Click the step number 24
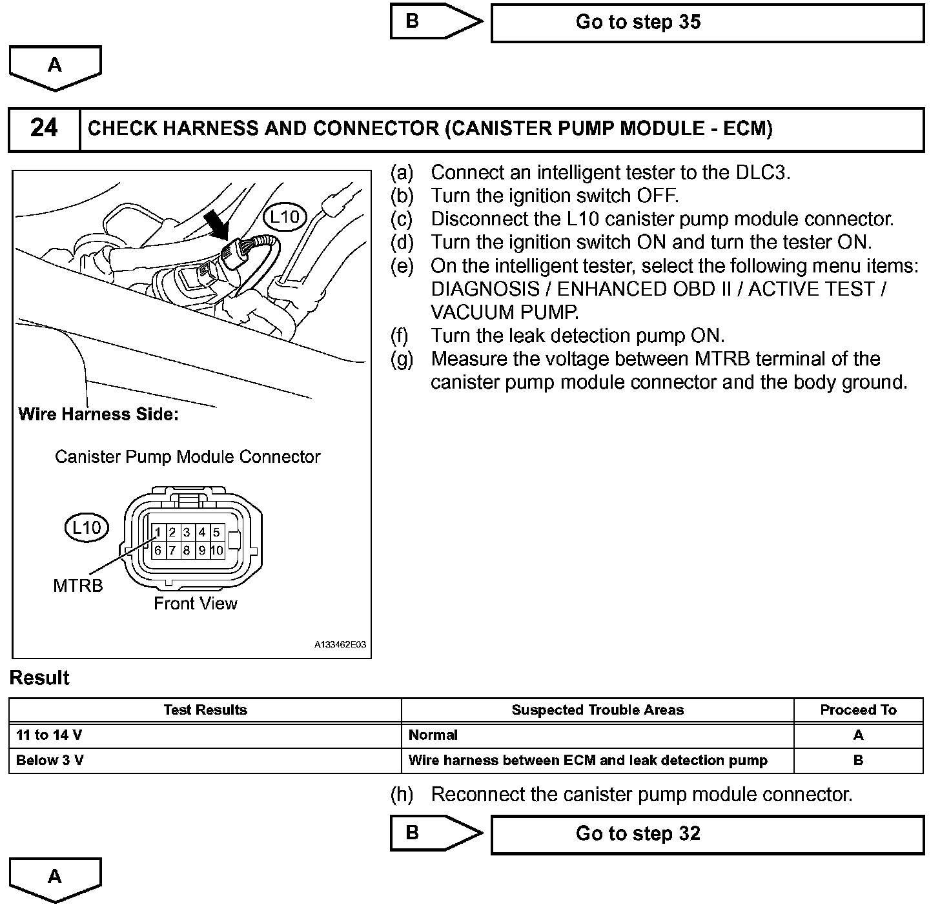pyautogui.click(x=44, y=128)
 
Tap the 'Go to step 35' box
pyautogui.click(x=707, y=23)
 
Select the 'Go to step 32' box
pyautogui.click(x=707, y=834)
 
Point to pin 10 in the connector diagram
pyautogui.click(x=216, y=551)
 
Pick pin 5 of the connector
pyautogui.click(x=216, y=533)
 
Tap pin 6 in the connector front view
pyautogui.click(x=158, y=551)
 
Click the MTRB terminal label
pyautogui.click(x=77, y=586)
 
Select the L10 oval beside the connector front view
pyautogui.click(x=86, y=528)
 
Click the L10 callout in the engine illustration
pyautogui.click(x=285, y=217)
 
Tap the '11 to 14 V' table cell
pyautogui.click(x=49, y=735)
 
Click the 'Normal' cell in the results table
pyautogui.click(x=433, y=735)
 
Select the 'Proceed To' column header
pyautogui.click(x=858, y=710)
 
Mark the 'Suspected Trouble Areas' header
pyautogui.click(x=597, y=710)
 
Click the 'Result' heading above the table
pyautogui.click(x=39, y=678)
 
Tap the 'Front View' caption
pyautogui.click(x=195, y=604)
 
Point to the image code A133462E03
pyautogui.click(x=340, y=645)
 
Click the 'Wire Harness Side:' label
pyautogui.click(x=98, y=414)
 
